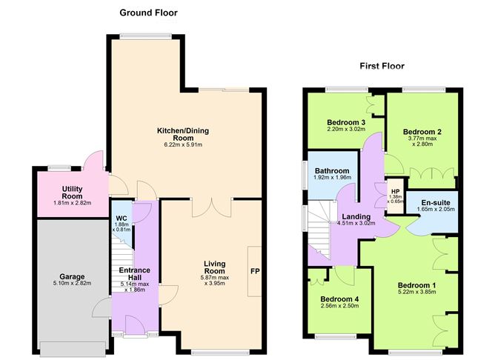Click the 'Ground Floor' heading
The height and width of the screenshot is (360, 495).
pyautogui.click(x=148, y=13)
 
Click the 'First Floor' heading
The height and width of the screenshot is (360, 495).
pyautogui.click(x=382, y=66)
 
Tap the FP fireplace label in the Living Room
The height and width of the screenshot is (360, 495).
pyautogui.click(x=254, y=271)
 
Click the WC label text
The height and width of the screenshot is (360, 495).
pyautogui.click(x=122, y=219)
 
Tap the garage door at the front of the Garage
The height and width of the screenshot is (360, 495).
pyautogui.click(x=70, y=347)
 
